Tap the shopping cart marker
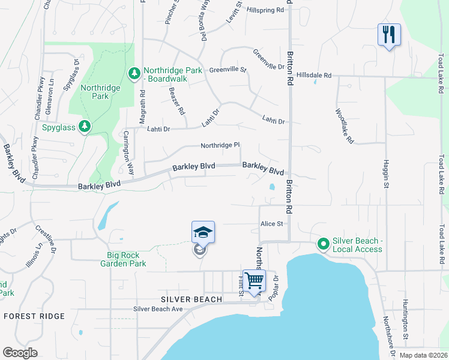[254, 280]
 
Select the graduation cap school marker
[203, 232]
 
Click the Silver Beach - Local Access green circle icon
[324, 244]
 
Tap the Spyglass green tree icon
[86, 126]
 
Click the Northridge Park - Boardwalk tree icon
[135, 74]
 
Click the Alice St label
[271, 224]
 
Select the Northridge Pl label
[220, 145]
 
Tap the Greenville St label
[228, 70]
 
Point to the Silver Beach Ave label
[157, 310]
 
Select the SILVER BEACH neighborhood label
[191, 299]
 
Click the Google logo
[20, 352]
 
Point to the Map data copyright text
[423, 355]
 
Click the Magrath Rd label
[143, 107]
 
